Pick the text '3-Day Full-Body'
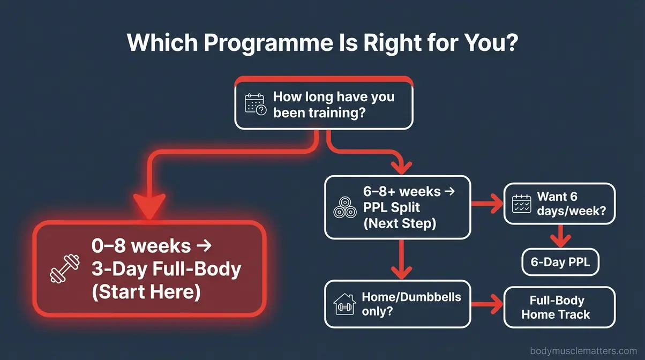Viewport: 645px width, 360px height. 166,269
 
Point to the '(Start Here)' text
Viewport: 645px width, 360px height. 146,292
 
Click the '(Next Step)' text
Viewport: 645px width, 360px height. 400,223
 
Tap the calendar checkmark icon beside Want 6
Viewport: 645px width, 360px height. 522,204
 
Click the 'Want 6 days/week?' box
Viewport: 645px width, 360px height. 560,204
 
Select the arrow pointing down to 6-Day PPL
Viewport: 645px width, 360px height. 560,236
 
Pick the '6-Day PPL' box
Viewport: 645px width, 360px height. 560,263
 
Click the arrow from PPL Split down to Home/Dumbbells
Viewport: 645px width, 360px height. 399,259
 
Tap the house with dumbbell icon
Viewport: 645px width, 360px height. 344,304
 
